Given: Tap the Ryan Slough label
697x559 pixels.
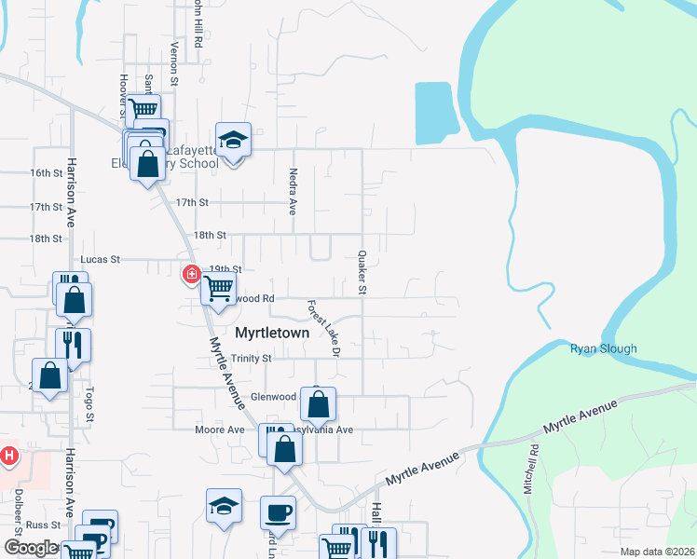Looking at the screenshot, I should (x=604, y=349).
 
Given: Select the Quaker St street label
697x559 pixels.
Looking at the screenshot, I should (x=362, y=271).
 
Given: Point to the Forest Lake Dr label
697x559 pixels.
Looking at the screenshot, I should (x=322, y=327).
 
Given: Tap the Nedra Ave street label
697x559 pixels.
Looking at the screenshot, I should (x=293, y=194).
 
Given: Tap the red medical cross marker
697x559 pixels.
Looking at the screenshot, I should (x=191, y=274).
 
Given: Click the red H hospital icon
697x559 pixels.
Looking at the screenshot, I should (x=9, y=456).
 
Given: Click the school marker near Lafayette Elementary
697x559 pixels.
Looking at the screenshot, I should (x=233, y=141).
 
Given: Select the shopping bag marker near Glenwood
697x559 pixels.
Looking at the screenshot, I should (x=319, y=404).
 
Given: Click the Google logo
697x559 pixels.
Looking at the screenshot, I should (x=32, y=548).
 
